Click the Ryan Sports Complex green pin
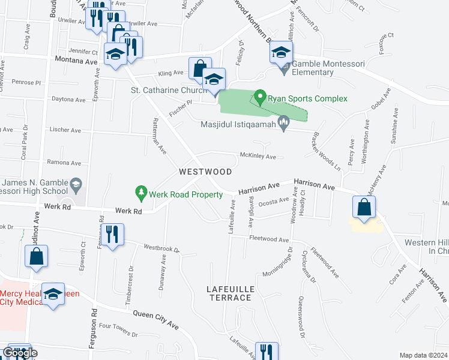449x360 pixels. click(x=260, y=96)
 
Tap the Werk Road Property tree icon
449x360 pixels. click(x=141, y=193)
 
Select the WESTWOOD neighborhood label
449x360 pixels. click(x=205, y=172)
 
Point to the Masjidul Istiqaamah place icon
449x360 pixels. click(x=285, y=124)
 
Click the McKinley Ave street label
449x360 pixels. click(x=258, y=157)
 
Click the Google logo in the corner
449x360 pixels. click(x=20, y=353)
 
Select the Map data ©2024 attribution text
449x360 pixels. click(x=424, y=355)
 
